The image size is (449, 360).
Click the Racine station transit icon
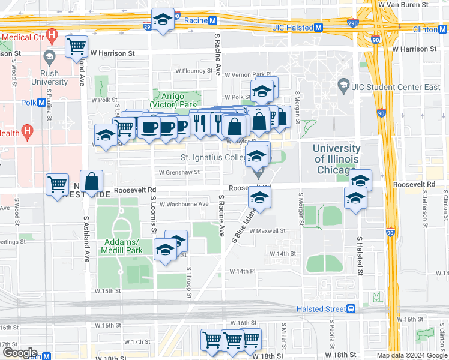tap(212, 20)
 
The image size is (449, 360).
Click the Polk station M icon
tap(41, 102)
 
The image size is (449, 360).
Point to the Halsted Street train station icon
tap(351, 309)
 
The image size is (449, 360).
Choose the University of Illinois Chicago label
tap(337, 159)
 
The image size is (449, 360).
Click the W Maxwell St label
tap(267, 230)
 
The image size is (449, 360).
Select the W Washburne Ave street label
tap(184, 204)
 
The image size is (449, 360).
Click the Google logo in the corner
tap(19, 353)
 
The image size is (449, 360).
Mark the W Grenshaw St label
tap(178, 172)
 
